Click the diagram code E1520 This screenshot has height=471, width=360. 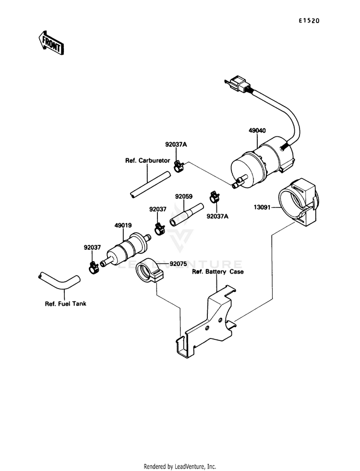tap(309, 21)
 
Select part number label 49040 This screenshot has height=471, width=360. tap(257, 131)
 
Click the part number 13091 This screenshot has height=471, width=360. tap(262, 207)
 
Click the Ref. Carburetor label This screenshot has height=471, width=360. tap(147, 161)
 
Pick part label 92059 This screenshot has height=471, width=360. tap(184, 196)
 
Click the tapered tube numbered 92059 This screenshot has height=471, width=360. tap(186, 215)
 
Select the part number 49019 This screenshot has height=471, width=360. tap(123, 225)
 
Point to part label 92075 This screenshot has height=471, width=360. tap(178, 264)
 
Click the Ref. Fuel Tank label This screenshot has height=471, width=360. tap(65, 304)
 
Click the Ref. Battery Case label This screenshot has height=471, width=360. tap(218, 272)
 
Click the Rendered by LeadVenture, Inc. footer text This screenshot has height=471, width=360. tap(180, 467)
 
